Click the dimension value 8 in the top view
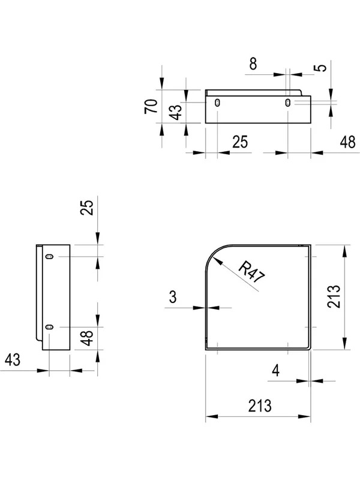[253, 64]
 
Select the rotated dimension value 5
[321, 67]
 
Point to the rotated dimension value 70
[151, 107]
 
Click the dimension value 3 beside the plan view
[173, 296]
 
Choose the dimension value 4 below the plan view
[276, 371]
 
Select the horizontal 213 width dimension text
[260, 406]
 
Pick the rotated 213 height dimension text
[334, 296]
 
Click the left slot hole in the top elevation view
[217, 102]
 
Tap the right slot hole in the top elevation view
[287, 102]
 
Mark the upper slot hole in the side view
[49, 256]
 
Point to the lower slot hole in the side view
[49, 327]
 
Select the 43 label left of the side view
[13, 359]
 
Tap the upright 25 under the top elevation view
[240, 142]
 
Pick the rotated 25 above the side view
[86, 208]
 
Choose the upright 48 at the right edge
[348, 142]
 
